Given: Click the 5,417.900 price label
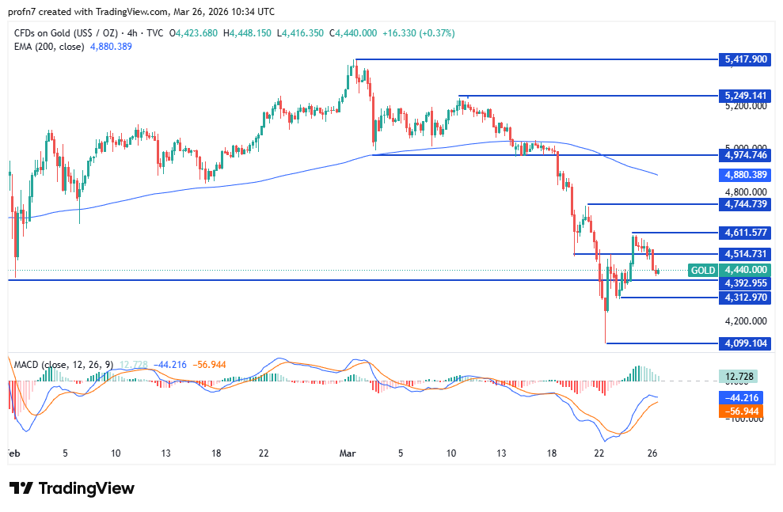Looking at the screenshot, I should pyautogui.click(x=745, y=59).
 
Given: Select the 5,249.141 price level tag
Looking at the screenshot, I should pyautogui.click(x=745, y=96).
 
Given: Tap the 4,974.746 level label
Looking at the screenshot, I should pyautogui.click(x=745, y=156).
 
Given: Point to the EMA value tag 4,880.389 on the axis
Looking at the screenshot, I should pyautogui.click(x=745, y=175).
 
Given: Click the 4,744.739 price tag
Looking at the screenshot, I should pyautogui.click(x=745, y=204).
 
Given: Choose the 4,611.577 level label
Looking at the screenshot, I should pyautogui.click(x=745, y=233).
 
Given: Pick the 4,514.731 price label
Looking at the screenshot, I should pyautogui.click(x=745, y=254).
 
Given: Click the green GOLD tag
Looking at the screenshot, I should pyautogui.click(x=703, y=271).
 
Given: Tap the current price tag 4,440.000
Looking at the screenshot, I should pyautogui.click(x=745, y=271).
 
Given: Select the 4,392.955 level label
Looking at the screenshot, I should pyautogui.click(x=745, y=283).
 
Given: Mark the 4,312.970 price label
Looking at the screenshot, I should pyautogui.click(x=745, y=298).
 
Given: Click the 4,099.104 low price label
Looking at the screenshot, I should pyautogui.click(x=745, y=343).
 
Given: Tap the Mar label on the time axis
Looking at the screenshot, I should pyautogui.click(x=348, y=453).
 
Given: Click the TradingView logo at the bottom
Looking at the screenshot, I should pyautogui.click(x=72, y=488).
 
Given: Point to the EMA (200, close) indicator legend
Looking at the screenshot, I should pyautogui.click(x=72, y=47).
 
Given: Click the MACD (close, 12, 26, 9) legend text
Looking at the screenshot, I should pyautogui.click(x=63, y=365).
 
